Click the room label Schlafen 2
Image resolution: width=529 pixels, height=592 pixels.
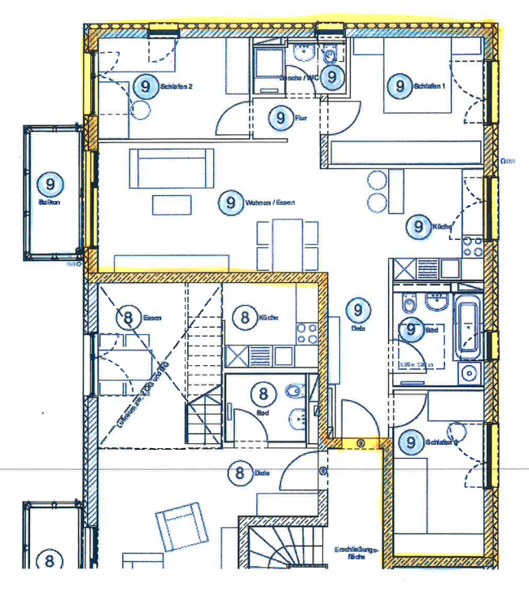tap(177, 86)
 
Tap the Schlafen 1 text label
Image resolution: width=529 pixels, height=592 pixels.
tap(431, 85)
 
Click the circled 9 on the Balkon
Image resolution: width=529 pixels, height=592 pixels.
tap(50, 184)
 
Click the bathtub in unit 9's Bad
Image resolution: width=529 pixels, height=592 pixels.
tap(468, 326)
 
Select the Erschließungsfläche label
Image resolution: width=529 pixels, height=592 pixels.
tap(356, 554)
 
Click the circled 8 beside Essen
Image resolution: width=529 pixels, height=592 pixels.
tap(127, 318)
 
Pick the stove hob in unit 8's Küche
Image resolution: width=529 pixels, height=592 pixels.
tap(307, 333)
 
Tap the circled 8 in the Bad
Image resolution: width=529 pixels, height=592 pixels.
tap(263, 395)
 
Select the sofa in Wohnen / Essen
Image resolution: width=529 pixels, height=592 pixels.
tap(172, 168)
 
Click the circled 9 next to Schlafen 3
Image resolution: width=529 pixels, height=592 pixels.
tap(412, 442)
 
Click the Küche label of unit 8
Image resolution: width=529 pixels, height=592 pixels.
tap(269, 318)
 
